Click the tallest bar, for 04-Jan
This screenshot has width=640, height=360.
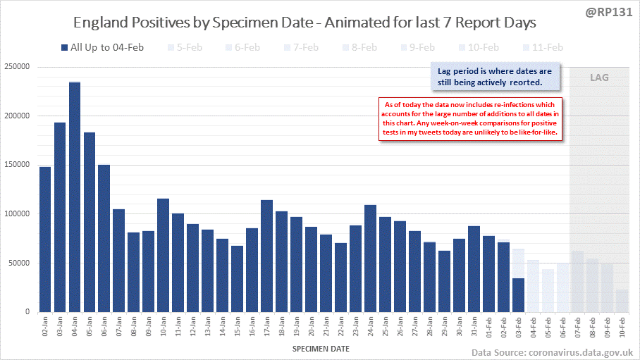[75, 197]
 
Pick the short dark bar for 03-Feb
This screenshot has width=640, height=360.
[517, 294]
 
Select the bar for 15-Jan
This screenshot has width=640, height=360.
[237, 278]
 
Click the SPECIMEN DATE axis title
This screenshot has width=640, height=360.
[319, 348]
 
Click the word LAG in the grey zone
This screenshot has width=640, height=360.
[599, 77]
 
